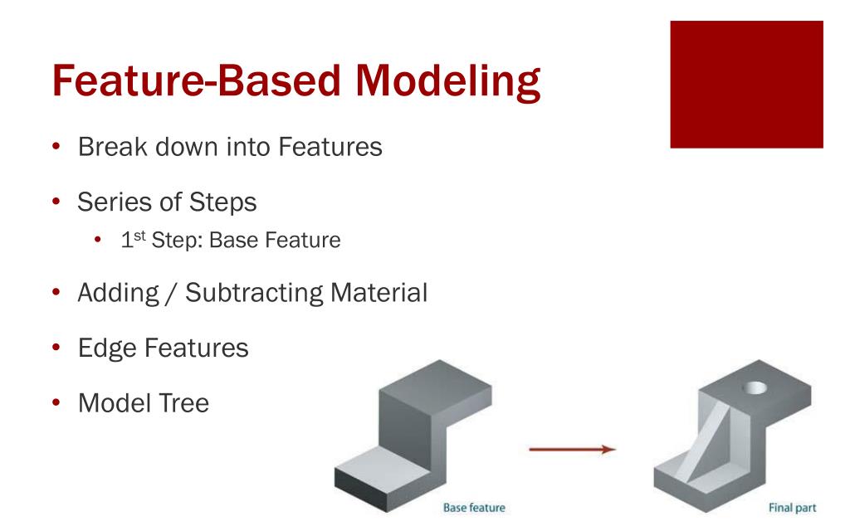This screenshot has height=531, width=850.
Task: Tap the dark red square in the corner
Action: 745,84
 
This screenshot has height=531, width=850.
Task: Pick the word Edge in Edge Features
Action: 108,348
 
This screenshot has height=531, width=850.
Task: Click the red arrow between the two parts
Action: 574,449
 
